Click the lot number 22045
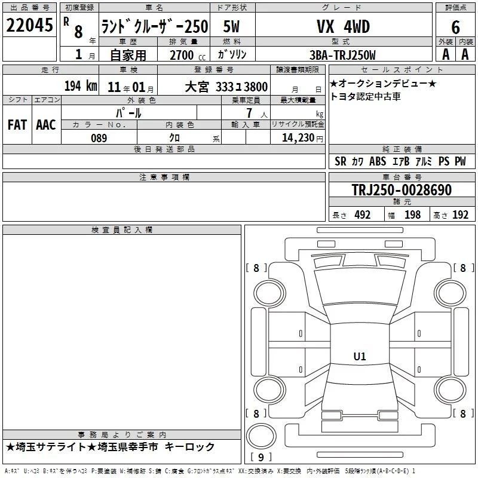point(29,25)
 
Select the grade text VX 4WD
point(343,26)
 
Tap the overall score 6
point(455,27)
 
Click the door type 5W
point(231,26)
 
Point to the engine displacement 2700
point(182,55)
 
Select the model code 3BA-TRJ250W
point(342,55)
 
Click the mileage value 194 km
point(81,86)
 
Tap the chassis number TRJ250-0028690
point(402,190)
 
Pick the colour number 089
point(99,138)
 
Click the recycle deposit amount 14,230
point(298,138)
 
